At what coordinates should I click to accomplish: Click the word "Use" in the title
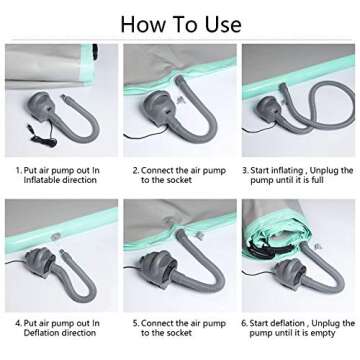point(223,24)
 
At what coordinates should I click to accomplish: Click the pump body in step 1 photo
point(41,107)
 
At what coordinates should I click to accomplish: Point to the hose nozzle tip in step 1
point(63,97)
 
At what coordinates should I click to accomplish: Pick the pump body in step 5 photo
point(157,267)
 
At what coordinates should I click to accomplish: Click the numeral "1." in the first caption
point(19,171)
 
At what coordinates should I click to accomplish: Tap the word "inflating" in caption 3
point(286,171)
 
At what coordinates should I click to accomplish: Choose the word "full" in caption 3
point(317,180)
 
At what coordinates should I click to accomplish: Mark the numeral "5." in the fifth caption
point(136,323)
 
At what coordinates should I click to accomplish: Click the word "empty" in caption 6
point(323,333)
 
